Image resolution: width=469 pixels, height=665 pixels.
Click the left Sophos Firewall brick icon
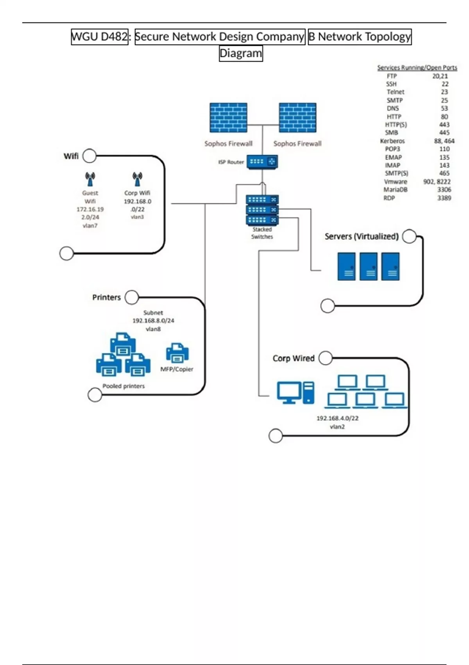pos(228,117)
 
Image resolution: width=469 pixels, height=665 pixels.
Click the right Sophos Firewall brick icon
pos(297,117)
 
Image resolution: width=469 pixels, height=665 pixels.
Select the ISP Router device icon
pos(262,162)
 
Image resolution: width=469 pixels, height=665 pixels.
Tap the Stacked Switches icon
pos(262,210)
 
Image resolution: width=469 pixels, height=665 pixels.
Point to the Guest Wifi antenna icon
pos(90,179)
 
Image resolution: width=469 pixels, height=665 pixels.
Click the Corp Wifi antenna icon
pos(137,179)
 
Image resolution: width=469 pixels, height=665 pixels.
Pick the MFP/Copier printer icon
pos(177,353)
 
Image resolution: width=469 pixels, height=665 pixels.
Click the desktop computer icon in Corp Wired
pos(295,392)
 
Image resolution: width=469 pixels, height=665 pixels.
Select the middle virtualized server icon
pos(368,266)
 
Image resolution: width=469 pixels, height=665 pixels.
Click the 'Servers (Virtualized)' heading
pos(362,236)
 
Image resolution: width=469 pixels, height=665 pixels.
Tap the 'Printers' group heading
pos(106,297)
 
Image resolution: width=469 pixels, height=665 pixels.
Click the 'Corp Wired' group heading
pos(294,358)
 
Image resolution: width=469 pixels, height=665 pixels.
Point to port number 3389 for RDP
pos(444,198)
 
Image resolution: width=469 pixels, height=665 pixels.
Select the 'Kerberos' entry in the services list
pos(392,141)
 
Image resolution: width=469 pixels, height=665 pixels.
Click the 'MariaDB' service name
pos(395,190)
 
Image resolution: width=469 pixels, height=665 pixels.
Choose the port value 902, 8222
pos(437,182)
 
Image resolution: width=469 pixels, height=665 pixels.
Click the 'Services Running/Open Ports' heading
pos(417,68)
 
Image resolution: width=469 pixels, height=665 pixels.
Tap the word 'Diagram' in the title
pos(241,53)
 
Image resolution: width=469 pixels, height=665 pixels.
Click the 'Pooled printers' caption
pos(124,386)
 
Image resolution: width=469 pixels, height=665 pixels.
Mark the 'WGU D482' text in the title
pos(100,37)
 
